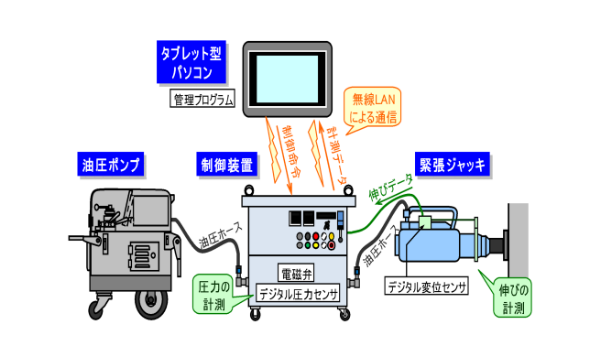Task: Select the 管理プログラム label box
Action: tap(201, 100)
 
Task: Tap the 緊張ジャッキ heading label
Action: tap(452, 164)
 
